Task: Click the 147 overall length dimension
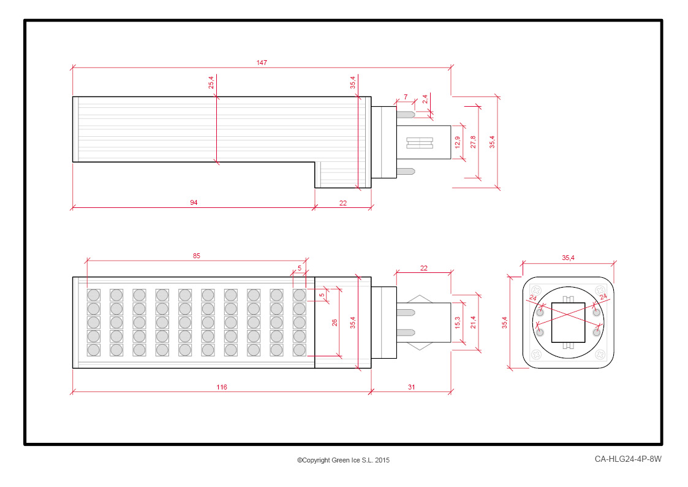(x=262, y=63)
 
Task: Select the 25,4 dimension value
(x=211, y=82)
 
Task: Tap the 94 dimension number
(x=194, y=202)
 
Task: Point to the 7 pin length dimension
(x=406, y=97)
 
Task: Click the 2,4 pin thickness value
(x=425, y=99)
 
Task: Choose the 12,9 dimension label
(x=458, y=142)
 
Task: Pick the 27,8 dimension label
(x=473, y=142)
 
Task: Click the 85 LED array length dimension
(x=196, y=256)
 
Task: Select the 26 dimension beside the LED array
(x=335, y=323)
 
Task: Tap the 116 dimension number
(x=222, y=387)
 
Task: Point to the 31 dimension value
(x=411, y=387)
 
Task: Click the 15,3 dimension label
(x=458, y=323)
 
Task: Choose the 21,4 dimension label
(x=473, y=323)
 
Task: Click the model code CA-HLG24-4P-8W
(x=628, y=459)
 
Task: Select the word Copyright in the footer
(x=316, y=460)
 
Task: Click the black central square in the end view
(x=568, y=323)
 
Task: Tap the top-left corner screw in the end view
(x=536, y=290)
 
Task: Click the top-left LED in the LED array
(x=94, y=294)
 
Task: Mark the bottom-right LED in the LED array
(x=299, y=350)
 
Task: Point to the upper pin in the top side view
(x=406, y=115)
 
